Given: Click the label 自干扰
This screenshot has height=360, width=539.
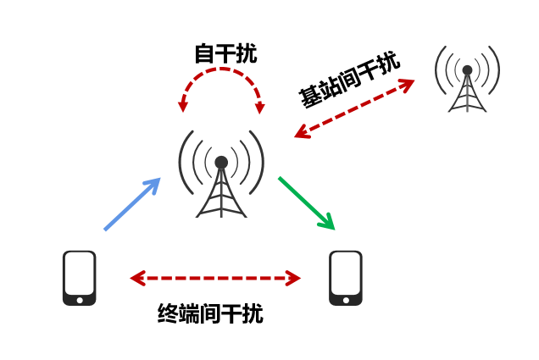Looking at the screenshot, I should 225,54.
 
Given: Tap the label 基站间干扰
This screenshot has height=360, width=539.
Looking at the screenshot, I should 349,80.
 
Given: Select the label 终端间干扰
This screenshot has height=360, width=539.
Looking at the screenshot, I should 210,314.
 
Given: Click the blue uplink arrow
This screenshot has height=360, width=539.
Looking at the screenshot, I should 132,204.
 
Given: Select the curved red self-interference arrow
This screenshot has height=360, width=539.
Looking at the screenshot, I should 221,74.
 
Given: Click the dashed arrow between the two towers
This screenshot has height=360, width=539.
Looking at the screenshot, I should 354,108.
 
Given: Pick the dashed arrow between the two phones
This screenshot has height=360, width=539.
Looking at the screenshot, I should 216,277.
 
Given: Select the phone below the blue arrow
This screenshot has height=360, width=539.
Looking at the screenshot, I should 80,277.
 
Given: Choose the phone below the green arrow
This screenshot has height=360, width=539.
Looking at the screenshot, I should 346,277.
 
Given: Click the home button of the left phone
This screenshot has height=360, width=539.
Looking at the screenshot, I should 80,299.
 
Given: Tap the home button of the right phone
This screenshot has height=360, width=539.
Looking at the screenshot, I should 346,299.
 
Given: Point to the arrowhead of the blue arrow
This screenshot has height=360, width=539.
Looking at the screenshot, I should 153,184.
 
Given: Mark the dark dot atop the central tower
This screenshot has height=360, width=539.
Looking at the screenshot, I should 221,162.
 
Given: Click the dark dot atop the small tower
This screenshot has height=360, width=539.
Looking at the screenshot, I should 467,70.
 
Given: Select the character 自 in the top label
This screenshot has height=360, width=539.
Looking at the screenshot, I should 204,54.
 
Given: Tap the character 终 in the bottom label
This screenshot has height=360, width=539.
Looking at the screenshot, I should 168,314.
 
